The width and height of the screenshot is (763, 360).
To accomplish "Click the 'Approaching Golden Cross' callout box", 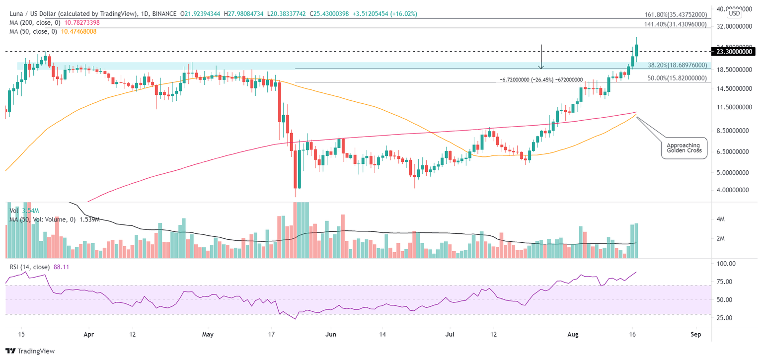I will click(x=684, y=147).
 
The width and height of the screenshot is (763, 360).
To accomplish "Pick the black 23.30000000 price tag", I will click(x=733, y=51).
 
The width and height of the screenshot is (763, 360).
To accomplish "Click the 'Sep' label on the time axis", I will click(x=695, y=335).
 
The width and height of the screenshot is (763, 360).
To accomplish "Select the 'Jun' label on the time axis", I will click(x=331, y=335).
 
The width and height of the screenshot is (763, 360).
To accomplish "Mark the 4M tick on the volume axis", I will click(x=721, y=219).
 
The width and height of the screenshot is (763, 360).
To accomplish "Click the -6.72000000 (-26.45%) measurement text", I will click(x=540, y=79).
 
